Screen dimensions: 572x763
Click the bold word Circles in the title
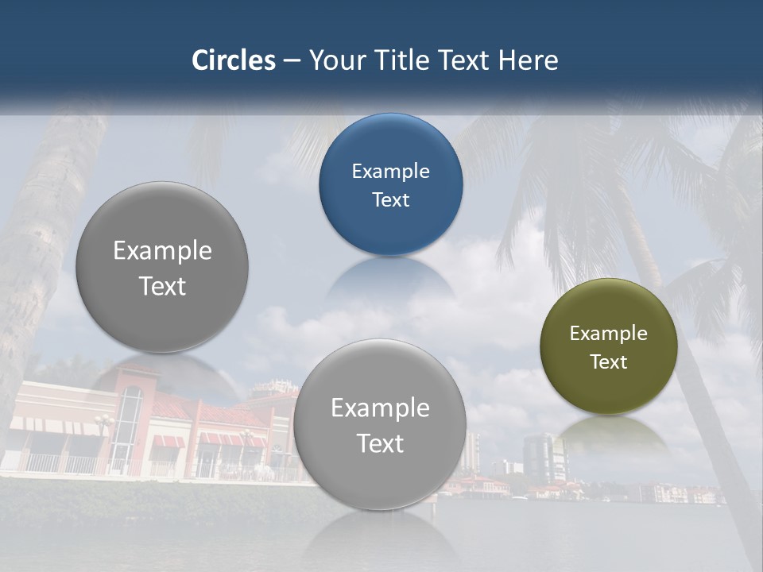click(x=234, y=60)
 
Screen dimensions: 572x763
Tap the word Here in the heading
click(x=528, y=60)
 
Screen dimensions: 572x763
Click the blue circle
click(x=390, y=184)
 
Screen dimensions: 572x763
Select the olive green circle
click(x=609, y=346)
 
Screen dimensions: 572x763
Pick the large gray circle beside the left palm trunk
click(x=162, y=267)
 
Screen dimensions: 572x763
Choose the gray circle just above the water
click(x=380, y=424)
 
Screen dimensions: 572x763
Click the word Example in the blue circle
click(x=390, y=171)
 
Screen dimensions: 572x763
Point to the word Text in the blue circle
click(x=390, y=199)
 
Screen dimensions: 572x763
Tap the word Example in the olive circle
click(x=609, y=333)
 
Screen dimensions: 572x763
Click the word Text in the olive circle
click(x=609, y=361)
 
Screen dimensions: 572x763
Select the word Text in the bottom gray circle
click(x=380, y=443)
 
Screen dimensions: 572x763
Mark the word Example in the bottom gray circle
click(x=380, y=408)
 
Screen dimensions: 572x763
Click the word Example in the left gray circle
click(x=162, y=250)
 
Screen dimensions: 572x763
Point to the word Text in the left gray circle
click(x=162, y=286)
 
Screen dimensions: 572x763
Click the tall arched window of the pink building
click(x=130, y=421)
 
